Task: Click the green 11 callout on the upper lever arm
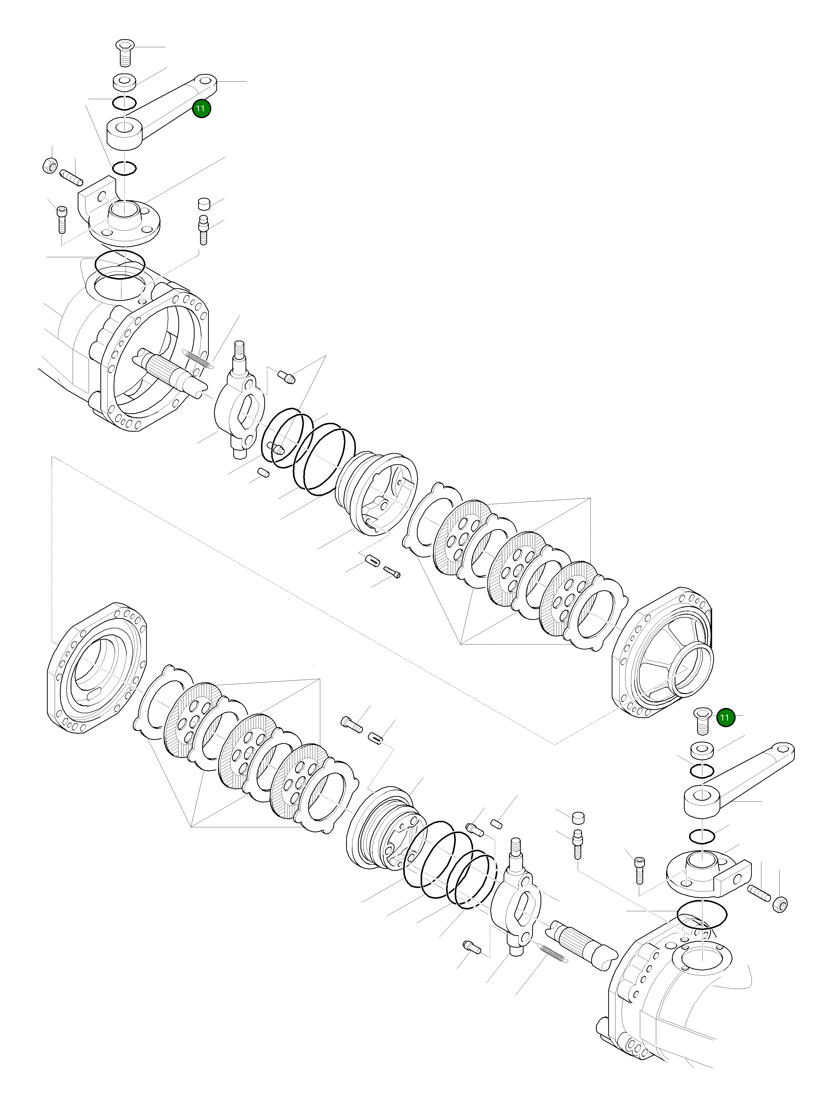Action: pyautogui.click(x=202, y=108)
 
